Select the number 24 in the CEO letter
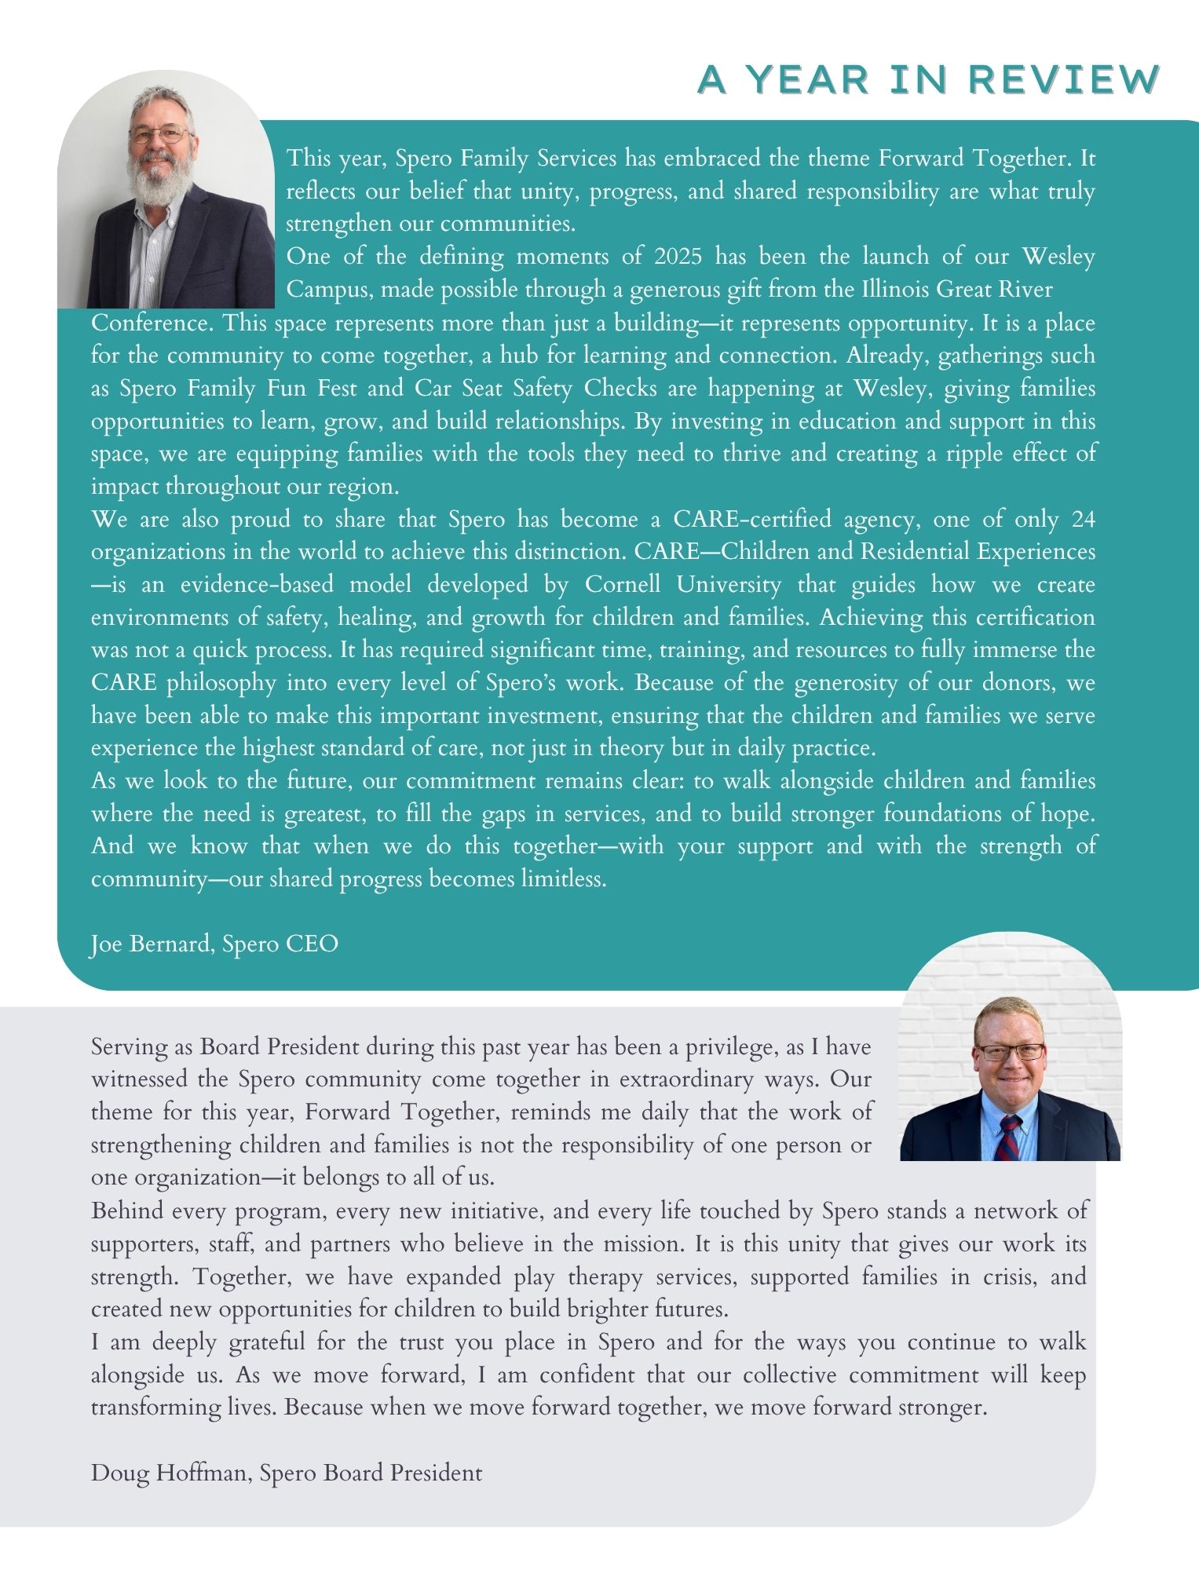point(1082,520)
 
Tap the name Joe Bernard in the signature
point(149,944)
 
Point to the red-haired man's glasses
point(1010,1053)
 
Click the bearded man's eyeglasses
point(160,134)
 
